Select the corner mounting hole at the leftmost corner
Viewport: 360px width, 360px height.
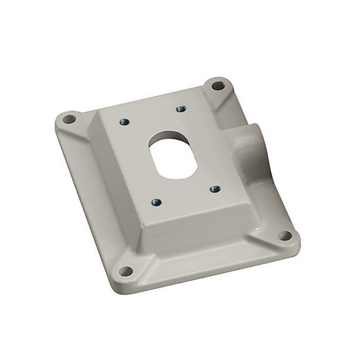[x=68, y=120]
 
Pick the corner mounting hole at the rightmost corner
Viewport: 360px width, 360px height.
[x=284, y=235]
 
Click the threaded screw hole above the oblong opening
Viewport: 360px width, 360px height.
[x=181, y=109]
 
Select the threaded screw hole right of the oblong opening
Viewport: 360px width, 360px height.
[x=214, y=188]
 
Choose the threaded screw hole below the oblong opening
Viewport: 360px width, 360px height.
[x=155, y=202]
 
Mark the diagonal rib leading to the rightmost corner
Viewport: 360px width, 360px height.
[x=267, y=224]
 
